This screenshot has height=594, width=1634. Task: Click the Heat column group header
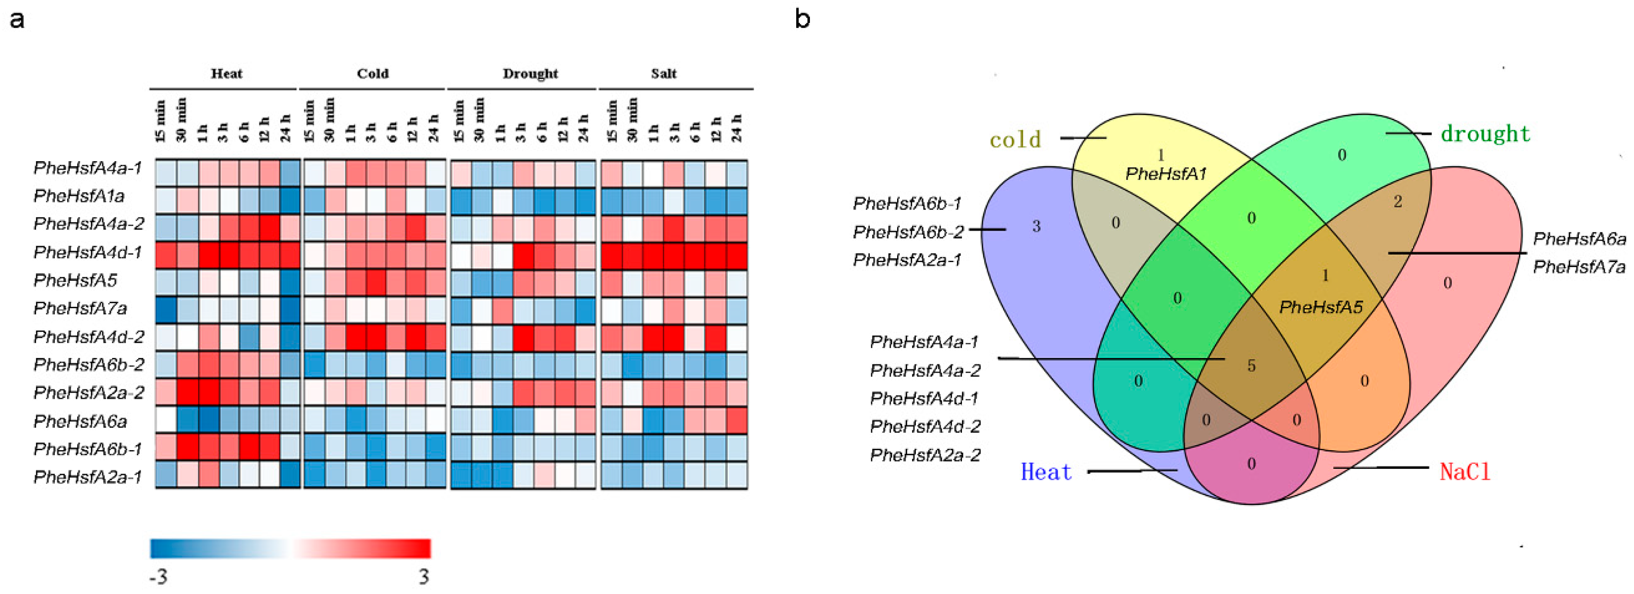point(226,74)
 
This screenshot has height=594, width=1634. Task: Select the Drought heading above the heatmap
point(531,74)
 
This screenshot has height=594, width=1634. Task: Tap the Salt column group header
point(663,74)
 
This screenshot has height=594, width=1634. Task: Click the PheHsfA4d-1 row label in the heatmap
point(88,252)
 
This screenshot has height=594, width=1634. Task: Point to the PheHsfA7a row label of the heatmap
point(80,309)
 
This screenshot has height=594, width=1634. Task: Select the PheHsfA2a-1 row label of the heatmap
point(88,477)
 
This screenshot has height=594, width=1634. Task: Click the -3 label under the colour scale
point(158,577)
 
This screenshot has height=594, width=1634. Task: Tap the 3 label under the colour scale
point(424,577)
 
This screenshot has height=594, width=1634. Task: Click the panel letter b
point(803,19)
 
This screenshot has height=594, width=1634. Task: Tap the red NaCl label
point(1465,472)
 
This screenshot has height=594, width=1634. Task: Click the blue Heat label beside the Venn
point(1046,472)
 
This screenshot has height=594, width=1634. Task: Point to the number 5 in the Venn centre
point(1251,366)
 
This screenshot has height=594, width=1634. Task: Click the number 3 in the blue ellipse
point(1036,226)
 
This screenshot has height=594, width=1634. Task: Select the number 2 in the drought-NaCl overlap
point(1398,202)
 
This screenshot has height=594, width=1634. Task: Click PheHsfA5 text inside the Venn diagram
point(1321,307)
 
